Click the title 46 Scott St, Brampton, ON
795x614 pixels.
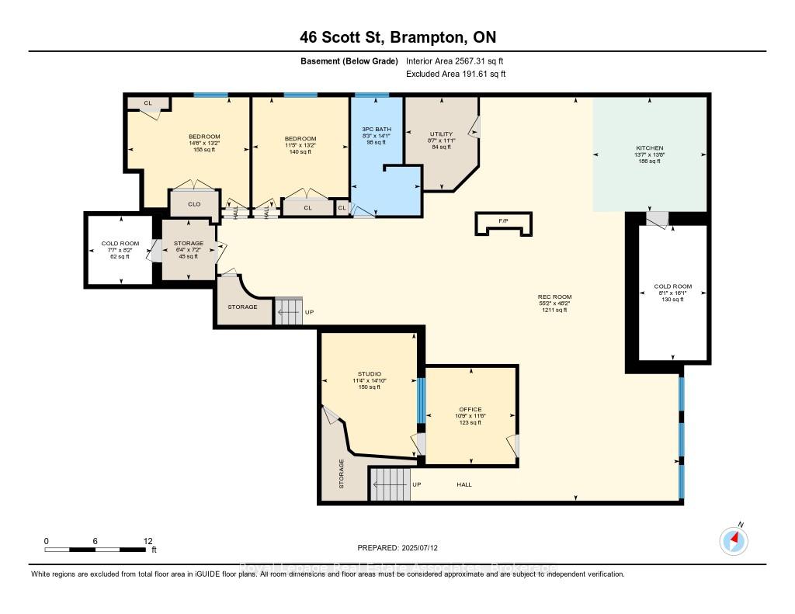tap(397, 37)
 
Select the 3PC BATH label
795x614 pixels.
tap(377, 129)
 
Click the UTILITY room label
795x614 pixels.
tap(441, 134)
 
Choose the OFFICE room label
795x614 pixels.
tap(470, 410)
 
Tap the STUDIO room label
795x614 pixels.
tap(369, 373)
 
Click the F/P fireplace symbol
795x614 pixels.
tap(503, 221)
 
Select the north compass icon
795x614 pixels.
tap(734, 539)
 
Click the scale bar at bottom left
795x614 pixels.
tap(95, 550)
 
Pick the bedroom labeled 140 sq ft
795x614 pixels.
tap(300, 139)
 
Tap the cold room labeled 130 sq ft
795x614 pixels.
tap(672, 286)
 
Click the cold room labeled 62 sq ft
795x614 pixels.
tap(120, 244)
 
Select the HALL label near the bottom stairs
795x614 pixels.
tap(463, 484)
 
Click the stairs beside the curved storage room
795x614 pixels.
tap(287, 311)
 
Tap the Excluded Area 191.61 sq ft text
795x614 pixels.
tap(456, 75)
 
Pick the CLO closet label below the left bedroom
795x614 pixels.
tap(194, 204)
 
